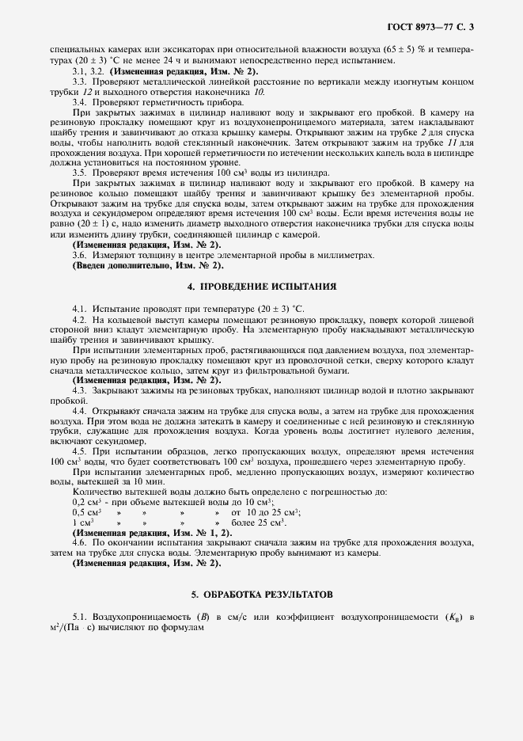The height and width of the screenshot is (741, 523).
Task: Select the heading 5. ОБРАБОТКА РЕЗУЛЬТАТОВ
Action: tap(261, 593)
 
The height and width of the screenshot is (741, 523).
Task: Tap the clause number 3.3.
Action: tap(79, 82)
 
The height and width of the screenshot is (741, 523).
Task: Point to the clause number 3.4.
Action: tap(79, 103)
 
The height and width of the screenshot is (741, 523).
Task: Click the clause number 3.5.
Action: tap(79, 172)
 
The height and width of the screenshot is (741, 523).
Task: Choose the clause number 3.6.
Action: tap(79, 254)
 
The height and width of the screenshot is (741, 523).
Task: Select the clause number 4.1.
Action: tap(79, 306)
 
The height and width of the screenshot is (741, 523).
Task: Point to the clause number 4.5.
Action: tap(79, 450)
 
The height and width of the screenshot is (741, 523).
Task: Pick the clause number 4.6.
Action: tap(79, 543)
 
